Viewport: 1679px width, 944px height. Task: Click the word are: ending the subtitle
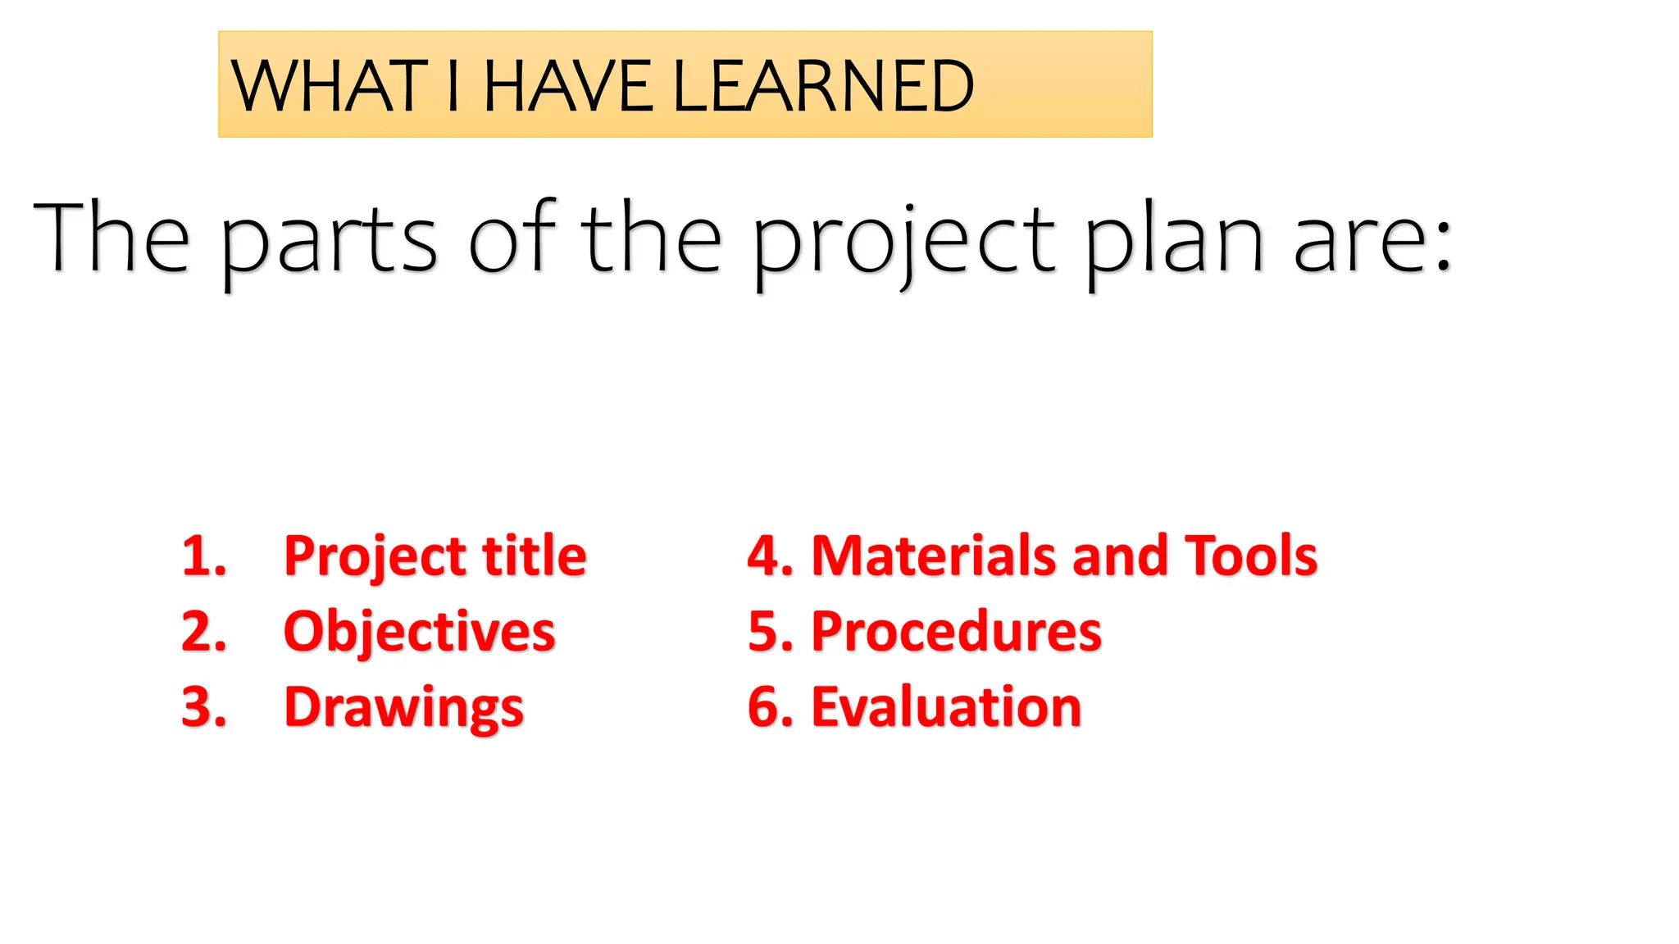pyautogui.click(x=1372, y=239)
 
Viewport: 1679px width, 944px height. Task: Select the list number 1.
pyautogui.click(x=203, y=556)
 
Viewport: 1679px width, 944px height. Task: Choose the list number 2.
pyautogui.click(x=203, y=632)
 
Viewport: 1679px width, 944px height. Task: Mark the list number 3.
pyautogui.click(x=203, y=707)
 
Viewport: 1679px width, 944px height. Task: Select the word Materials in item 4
pyautogui.click(x=934, y=556)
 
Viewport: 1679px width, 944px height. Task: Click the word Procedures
pyautogui.click(x=956, y=632)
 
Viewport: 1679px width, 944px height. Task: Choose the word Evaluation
pyautogui.click(x=946, y=707)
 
